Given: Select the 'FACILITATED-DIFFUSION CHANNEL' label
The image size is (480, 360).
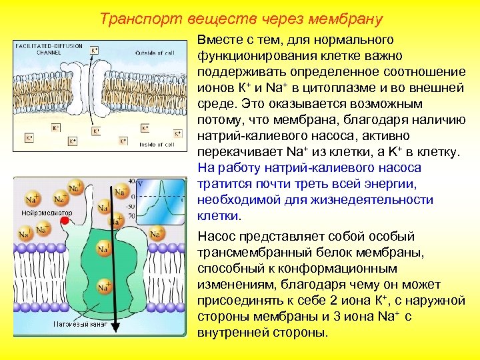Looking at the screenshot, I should [49, 49].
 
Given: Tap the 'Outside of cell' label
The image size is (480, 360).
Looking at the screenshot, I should [155, 53].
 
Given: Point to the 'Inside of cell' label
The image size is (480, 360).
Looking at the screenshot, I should [157, 144].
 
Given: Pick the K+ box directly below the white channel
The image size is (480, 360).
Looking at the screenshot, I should [96, 131].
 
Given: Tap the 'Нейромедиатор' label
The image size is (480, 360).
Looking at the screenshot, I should [46, 213].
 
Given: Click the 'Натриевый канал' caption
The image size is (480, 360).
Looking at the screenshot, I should [80, 324].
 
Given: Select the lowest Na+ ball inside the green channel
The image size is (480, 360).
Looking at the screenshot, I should [103, 287].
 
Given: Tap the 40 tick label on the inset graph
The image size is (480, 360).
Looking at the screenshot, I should [132, 181].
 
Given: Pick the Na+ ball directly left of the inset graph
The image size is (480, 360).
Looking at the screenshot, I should [121, 191].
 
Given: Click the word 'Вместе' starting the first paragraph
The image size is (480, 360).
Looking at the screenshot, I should [217, 41].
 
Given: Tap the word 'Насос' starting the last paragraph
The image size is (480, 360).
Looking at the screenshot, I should [215, 237].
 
